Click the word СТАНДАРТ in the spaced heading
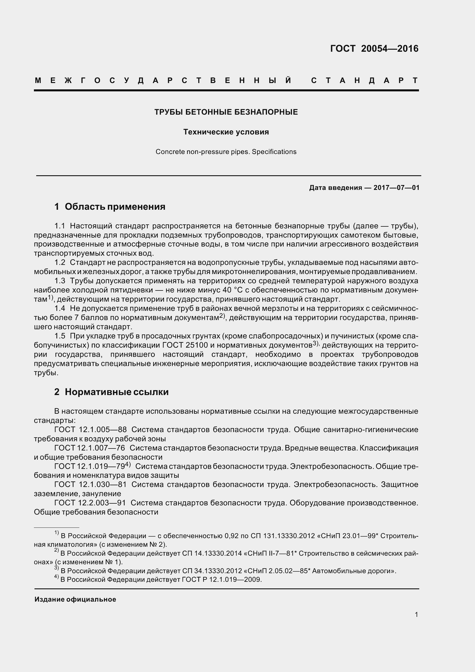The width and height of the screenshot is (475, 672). pyautogui.click(x=364, y=80)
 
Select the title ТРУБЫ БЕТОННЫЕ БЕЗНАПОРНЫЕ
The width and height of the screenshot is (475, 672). pyautogui.click(x=226, y=112)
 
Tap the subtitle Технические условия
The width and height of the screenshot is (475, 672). pyautogui.click(x=226, y=132)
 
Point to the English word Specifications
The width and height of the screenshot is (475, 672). pyautogui.click(x=274, y=152)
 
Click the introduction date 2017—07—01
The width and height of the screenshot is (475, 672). pyautogui.click(x=396, y=188)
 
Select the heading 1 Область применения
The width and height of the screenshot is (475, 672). pyautogui.click(x=110, y=207)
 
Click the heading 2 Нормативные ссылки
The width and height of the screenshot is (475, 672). pyautogui.click(x=111, y=392)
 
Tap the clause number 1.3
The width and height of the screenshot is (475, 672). pyautogui.click(x=60, y=281)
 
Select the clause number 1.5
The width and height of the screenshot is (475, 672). pyautogui.click(x=60, y=336)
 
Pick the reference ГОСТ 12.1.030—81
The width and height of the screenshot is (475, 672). pyautogui.click(x=91, y=485)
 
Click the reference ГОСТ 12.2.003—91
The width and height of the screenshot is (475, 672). pyautogui.click(x=90, y=503)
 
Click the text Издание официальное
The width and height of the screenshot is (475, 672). pyautogui.click(x=75, y=599)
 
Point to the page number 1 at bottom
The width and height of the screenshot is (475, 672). pyautogui.click(x=416, y=615)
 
